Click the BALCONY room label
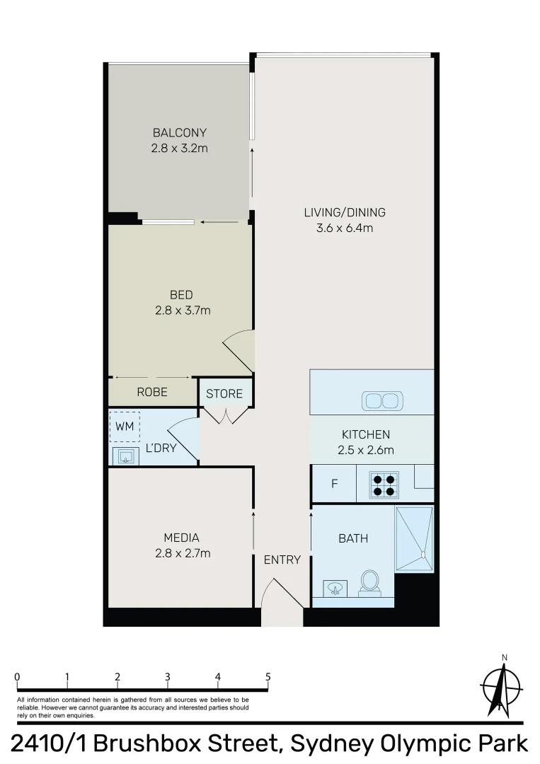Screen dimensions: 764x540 point(179,132)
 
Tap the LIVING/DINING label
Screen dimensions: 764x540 point(345,212)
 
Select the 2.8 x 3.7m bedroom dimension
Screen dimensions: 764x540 point(181,310)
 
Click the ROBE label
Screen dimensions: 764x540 point(152,392)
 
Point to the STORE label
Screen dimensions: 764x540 point(224,394)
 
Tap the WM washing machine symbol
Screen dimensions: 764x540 point(125,427)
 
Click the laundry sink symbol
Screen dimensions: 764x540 point(126,455)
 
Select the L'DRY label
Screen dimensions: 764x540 point(161,448)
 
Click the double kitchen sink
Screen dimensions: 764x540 point(381,401)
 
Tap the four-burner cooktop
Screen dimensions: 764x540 point(384,485)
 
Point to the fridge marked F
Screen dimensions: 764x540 point(335,485)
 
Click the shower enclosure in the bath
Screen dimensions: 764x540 point(414,539)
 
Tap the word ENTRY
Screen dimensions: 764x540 point(282,560)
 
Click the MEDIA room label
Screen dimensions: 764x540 point(181,538)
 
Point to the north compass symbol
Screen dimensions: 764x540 point(500,687)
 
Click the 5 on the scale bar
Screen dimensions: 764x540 point(268,676)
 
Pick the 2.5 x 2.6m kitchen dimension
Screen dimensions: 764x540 point(366,450)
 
